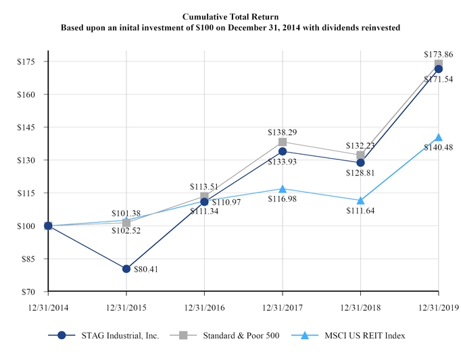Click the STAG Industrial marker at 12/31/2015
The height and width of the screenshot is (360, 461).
(x=126, y=269)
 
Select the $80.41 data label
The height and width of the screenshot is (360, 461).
(x=147, y=271)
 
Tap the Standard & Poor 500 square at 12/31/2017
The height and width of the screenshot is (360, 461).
(x=283, y=142)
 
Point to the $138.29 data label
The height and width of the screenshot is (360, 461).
(x=283, y=131)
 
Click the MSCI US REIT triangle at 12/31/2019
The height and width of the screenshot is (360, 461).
(x=439, y=137)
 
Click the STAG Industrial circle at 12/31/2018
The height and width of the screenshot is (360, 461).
(x=360, y=162)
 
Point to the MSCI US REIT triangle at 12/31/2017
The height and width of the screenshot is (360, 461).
(x=283, y=188)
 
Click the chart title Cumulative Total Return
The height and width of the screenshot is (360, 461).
(x=230, y=15)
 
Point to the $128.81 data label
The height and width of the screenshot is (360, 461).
(x=360, y=174)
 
